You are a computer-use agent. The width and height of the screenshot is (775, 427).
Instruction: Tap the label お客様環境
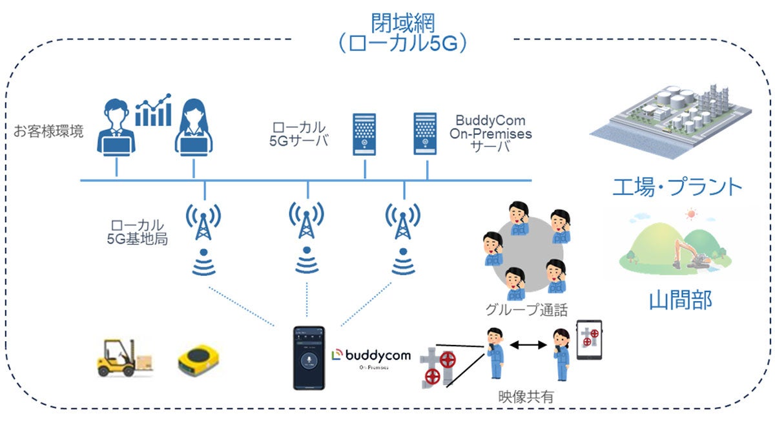click(x=48, y=133)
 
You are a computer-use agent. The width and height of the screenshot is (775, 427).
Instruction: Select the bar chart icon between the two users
click(x=153, y=110)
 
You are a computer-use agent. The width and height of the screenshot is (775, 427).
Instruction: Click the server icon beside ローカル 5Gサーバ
click(x=365, y=134)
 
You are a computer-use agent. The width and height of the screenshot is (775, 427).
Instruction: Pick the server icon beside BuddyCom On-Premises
click(x=426, y=134)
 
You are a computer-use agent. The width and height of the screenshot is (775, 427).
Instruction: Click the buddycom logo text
click(x=366, y=355)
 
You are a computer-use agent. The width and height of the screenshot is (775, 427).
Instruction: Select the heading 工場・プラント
click(x=677, y=187)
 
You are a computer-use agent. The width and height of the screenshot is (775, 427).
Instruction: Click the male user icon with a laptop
click(x=116, y=127)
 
